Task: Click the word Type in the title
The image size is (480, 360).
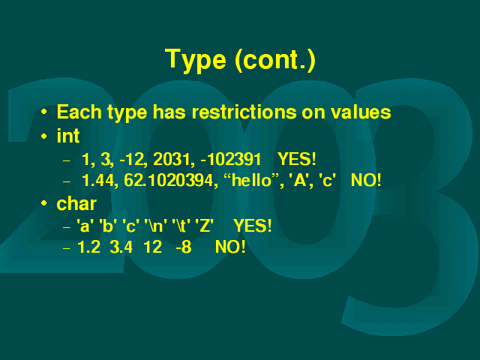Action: [196, 60]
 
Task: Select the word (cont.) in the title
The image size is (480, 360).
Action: [275, 60]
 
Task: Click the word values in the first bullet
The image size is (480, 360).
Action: [361, 112]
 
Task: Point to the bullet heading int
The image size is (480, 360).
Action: [68, 136]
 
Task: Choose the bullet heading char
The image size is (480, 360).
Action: [76, 203]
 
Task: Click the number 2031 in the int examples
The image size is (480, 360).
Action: [173, 159]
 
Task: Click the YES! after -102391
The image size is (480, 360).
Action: [297, 159]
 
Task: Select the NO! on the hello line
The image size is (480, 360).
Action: [366, 180]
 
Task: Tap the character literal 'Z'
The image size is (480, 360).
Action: [204, 226]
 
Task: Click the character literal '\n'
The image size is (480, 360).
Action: [156, 226]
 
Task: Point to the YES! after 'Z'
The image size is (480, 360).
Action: [253, 226]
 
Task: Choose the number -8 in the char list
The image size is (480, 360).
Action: [184, 247]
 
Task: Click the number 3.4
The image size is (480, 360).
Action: [121, 247]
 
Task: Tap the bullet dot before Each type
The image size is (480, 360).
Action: [44, 112]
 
